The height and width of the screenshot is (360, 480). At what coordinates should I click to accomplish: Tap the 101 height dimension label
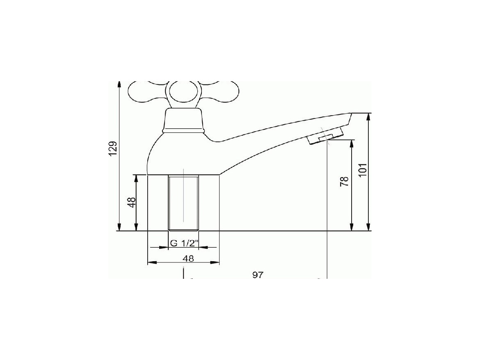click(x=362, y=169)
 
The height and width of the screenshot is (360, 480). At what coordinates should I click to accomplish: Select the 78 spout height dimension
click(x=344, y=181)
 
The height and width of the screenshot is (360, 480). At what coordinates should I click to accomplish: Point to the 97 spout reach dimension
click(x=258, y=275)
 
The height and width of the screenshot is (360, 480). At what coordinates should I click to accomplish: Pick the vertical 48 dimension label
click(x=132, y=202)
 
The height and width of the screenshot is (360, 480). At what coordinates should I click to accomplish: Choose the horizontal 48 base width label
click(x=188, y=258)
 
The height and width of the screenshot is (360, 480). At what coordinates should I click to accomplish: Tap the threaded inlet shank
click(x=183, y=203)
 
